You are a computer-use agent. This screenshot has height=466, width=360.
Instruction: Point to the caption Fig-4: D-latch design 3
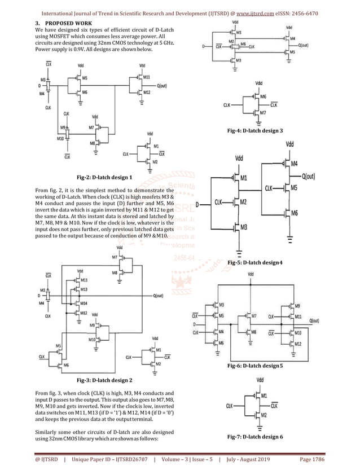[254, 130]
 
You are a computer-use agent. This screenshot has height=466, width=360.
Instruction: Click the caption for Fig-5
[254, 263]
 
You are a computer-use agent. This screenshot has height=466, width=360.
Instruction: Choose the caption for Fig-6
[254, 366]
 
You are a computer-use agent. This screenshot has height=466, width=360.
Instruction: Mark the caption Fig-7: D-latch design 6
[253, 437]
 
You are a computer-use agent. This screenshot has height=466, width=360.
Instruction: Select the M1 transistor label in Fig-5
[244, 178]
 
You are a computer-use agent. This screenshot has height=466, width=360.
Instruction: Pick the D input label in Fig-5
[198, 203]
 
